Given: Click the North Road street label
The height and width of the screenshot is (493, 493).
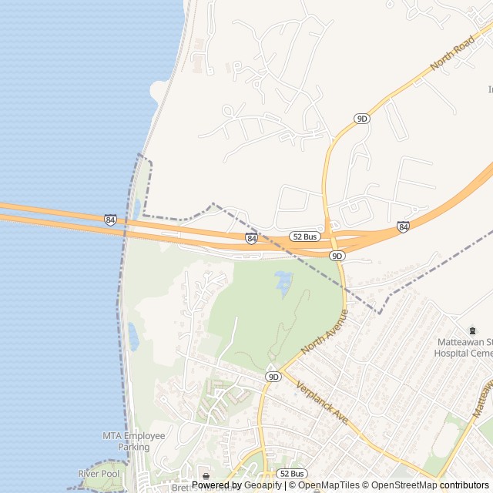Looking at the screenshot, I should tap(454, 52).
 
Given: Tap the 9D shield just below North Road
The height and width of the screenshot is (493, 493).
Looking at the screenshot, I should tap(362, 118).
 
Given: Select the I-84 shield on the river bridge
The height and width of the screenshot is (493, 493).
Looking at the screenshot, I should tap(111, 220).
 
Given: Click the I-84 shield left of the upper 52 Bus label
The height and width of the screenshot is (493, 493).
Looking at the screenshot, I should tap(252, 239).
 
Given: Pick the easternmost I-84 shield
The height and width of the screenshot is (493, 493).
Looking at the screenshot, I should tap(403, 226).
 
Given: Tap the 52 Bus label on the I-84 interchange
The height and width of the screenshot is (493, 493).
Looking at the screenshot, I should tap(305, 236).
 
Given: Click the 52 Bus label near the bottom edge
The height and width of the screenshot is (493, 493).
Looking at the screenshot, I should tap(292, 473).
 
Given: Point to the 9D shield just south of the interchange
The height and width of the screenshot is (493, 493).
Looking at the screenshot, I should tap(337, 255).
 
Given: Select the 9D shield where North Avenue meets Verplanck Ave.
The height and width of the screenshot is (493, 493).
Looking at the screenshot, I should tap(273, 376).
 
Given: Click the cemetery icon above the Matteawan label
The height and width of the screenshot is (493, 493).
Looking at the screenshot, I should tap(472, 330).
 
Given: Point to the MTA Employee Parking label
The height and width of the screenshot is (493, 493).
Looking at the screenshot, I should tap(134, 441).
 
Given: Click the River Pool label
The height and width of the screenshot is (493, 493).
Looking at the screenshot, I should tap(99, 473).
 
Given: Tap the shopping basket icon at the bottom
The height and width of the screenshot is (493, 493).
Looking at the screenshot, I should tap(205, 475).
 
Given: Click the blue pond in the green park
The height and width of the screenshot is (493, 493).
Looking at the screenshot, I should tap(283, 282).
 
